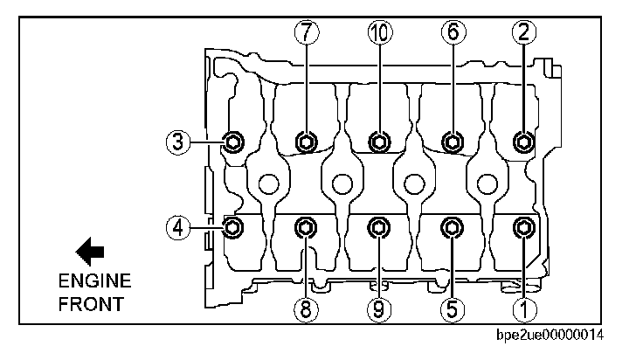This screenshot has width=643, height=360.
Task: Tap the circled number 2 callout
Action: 523,31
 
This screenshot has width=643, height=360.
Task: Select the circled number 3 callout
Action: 178,141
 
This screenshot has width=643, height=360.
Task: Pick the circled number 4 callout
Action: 178,228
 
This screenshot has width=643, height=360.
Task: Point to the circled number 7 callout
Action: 305,31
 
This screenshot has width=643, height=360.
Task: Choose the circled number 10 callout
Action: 378,31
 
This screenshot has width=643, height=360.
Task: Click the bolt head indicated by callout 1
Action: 522,228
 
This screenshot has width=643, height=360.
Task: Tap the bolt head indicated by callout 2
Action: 522,142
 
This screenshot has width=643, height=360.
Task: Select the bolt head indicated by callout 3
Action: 233,142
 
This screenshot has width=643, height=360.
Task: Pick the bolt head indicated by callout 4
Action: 233,228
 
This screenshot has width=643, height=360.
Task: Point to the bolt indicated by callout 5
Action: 452,228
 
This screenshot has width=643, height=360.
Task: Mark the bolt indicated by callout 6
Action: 452,142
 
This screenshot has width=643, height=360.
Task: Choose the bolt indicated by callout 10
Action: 378,142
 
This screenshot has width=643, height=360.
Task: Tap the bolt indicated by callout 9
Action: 378,228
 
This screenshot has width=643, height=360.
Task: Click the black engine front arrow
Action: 90,252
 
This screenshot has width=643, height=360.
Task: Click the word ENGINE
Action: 94,281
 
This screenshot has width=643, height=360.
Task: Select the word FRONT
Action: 91,305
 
